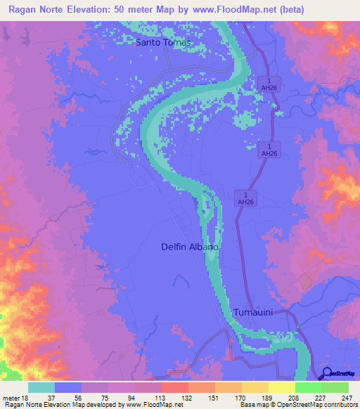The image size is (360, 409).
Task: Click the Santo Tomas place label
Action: [x=163, y=42]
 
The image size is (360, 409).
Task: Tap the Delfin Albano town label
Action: [x=190, y=247]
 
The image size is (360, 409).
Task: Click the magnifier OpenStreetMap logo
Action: [x=328, y=373]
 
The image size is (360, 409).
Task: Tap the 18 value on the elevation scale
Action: [x=29, y=398]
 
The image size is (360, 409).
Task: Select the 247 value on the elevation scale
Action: [x=345, y=398]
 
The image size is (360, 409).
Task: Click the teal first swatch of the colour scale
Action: [x=41, y=387]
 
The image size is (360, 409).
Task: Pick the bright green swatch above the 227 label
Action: [x=308, y=387]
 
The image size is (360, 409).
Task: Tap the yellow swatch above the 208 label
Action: [x=281, y=387]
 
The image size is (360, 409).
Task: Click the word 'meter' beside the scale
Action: [x=11, y=398]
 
